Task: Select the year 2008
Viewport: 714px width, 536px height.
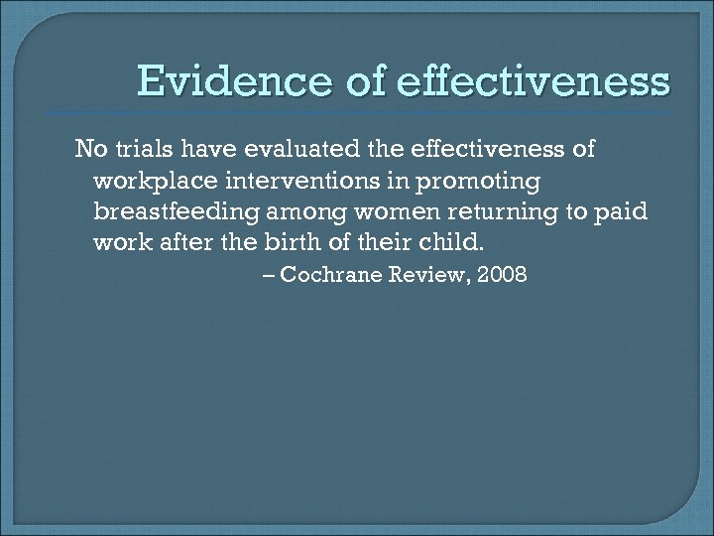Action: tap(503, 275)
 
